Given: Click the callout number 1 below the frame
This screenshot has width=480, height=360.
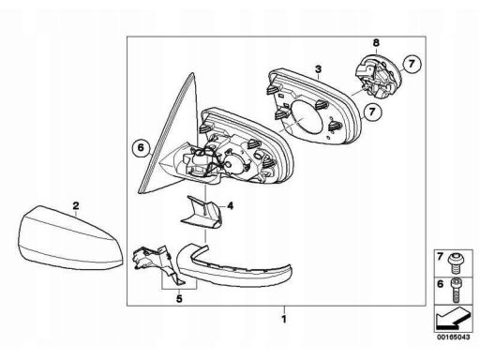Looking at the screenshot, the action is point(284,320).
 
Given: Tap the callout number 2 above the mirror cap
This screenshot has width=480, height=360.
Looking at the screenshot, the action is point(76,206).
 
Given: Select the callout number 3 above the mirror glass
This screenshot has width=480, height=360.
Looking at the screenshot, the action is point(318,68).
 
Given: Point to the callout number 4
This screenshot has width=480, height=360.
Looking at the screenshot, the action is point(230,206).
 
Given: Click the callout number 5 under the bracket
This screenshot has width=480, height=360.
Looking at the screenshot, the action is point(179,299).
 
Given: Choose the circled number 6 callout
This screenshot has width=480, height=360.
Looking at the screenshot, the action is point(141,147).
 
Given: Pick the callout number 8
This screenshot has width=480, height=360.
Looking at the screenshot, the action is point(376,42).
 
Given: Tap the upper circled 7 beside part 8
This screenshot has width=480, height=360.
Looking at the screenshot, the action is point(412,64).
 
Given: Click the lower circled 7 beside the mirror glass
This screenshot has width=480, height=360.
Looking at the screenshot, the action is point(372,112).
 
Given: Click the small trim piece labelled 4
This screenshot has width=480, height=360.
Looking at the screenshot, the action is point(202,212).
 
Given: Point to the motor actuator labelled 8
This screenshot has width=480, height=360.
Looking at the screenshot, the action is point(379,76).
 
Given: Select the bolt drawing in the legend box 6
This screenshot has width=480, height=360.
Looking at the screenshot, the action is point(457,290).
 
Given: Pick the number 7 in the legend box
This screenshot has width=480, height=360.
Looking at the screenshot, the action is point(441,257).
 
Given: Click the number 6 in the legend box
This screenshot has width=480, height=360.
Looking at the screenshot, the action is point(441,284).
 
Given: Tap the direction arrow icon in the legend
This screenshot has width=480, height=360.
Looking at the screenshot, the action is point(454,318).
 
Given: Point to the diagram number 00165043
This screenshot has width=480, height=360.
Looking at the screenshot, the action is point(454,337).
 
